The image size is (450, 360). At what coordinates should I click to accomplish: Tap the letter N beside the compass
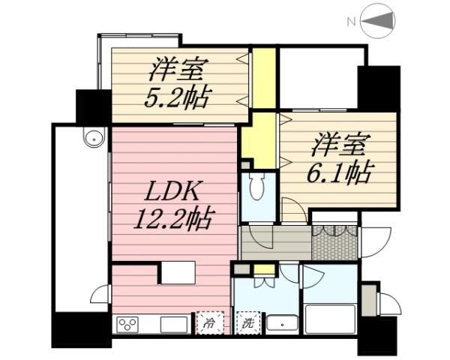coord(350,22)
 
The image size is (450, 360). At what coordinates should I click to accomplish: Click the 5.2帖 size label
coord(178,97)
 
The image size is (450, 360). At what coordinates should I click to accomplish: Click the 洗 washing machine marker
coord(246,324)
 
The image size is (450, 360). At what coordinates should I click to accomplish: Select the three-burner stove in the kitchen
coord(127,325)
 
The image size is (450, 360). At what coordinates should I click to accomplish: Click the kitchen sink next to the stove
coord(172,325)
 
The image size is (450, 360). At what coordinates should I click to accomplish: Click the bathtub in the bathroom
coord(330,319)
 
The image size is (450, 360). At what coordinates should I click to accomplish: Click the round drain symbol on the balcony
coord(93,139)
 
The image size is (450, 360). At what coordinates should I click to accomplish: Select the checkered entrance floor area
coord(335,242)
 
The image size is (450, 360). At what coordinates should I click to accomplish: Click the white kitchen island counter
coord(178,271)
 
